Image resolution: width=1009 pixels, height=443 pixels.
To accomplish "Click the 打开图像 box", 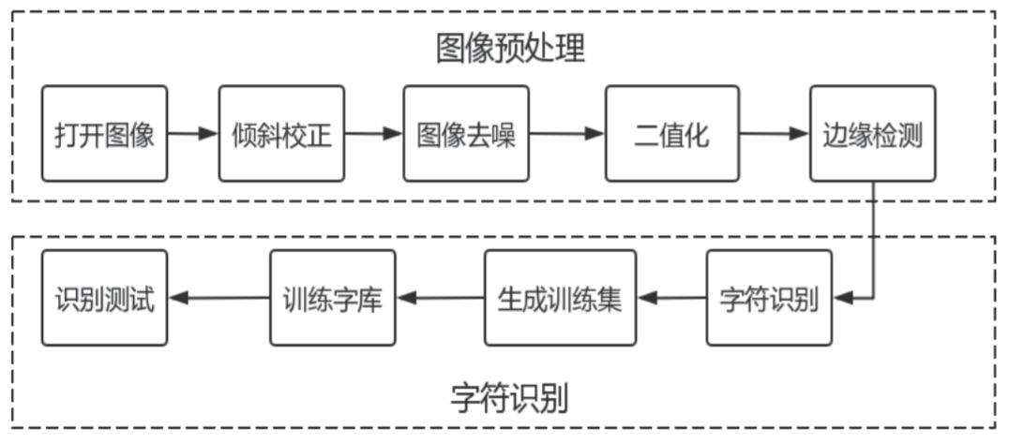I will point(105,134).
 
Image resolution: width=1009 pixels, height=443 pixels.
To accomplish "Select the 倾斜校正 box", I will point(281,134).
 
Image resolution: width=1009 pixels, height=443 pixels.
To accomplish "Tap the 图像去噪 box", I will point(466,134).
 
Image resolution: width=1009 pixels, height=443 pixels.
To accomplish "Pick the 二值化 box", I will point(671,134).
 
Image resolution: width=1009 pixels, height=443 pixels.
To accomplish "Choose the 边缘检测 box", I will point(872,134).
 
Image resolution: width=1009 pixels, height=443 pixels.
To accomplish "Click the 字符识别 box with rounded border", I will point(769,298).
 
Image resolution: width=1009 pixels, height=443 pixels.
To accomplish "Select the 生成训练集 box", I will point(559,298).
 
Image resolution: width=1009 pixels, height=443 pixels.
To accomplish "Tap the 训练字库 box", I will point(333,298).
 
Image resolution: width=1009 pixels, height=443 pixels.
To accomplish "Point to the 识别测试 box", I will point(105,298).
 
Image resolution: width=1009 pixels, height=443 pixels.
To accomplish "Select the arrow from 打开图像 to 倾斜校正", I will point(193,134).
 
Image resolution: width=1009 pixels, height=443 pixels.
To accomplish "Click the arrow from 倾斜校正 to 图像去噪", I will point(373,134).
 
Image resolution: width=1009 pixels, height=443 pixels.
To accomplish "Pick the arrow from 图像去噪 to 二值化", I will point(566,134).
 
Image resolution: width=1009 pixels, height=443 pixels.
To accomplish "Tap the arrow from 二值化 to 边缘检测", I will point(774,134).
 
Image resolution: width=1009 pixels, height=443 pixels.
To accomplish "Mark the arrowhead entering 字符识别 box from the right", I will point(842,299).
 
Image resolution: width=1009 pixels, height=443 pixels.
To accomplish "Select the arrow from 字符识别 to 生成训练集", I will point(671,299).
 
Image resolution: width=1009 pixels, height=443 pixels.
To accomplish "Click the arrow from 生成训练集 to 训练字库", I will point(440,299).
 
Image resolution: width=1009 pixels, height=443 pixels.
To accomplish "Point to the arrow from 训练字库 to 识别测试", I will point(218,299).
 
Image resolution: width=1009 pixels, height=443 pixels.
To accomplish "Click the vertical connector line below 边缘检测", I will point(874,239).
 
